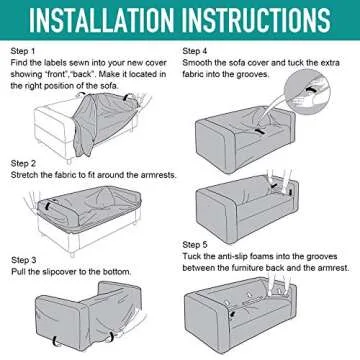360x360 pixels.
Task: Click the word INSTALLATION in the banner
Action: (x=102, y=20)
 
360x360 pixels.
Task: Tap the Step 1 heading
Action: (x=23, y=51)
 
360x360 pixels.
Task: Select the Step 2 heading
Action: (x=23, y=164)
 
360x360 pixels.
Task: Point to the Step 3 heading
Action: (x=24, y=260)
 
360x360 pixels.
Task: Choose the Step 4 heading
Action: (x=195, y=51)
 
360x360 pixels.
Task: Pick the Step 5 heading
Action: (x=195, y=245)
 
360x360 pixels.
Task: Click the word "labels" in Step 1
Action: (x=55, y=63)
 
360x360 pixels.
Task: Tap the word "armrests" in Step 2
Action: (x=159, y=175)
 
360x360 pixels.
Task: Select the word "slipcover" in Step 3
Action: (x=60, y=272)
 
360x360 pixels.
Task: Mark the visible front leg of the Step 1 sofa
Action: (x=69, y=160)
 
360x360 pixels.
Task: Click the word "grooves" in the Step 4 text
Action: (x=252, y=74)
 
